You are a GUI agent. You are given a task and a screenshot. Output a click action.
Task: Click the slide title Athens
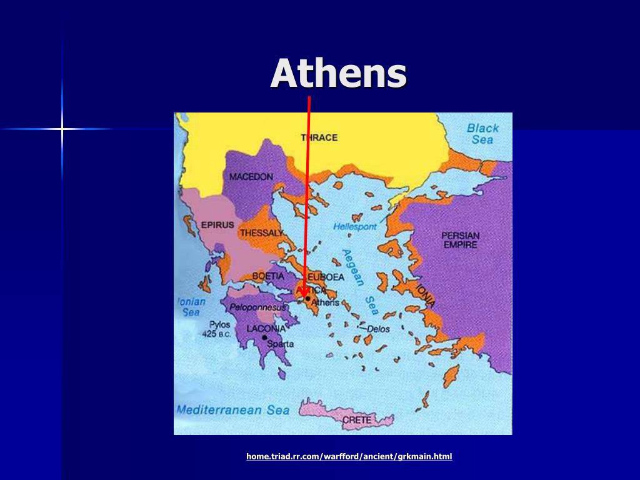[x=339, y=74]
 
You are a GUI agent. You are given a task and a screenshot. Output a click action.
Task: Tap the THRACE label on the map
[x=319, y=137]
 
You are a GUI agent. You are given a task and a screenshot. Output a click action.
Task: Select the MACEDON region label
[x=251, y=177]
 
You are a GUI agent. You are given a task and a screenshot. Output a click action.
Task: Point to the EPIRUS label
[x=217, y=225]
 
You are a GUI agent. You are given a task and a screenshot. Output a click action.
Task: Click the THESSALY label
[x=261, y=233]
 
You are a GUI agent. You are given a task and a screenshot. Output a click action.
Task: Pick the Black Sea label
[x=482, y=134]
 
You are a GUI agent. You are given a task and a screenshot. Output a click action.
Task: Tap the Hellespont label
[x=355, y=227]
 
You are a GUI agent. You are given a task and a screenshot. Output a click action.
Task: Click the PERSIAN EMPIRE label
[x=460, y=240]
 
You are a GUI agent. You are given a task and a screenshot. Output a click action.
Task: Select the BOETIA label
[x=268, y=276]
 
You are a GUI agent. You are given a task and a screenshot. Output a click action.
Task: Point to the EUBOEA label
[x=323, y=277]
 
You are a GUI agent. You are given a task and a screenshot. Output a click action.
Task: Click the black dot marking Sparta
[x=265, y=337]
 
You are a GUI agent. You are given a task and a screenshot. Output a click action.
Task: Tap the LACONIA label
[x=266, y=328]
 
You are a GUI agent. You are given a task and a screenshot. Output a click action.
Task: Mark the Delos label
[x=378, y=329]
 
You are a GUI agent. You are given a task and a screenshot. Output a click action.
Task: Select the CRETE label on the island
[x=357, y=420]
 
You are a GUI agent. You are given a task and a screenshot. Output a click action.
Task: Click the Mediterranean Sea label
[x=232, y=410]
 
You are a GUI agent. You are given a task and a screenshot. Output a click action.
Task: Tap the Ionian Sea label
[x=191, y=306]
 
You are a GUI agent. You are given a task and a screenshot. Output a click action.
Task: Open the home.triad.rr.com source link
[x=349, y=456]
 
